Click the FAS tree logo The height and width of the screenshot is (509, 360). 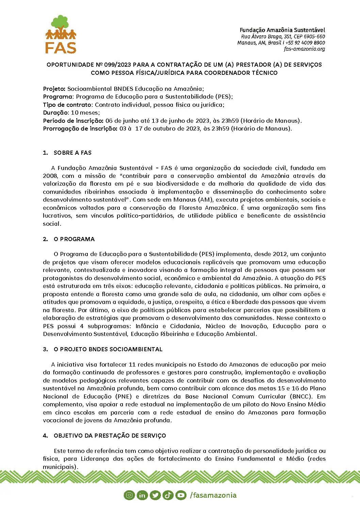(x=61, y=34)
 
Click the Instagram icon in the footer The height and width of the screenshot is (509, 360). (x=129, y=495)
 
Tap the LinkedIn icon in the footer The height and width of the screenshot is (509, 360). (x=142, y=495)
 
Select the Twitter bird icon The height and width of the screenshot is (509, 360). (x=155, y=495)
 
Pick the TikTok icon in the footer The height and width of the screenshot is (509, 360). (x=168, y=495)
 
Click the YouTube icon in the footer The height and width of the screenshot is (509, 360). (x=181, y=495)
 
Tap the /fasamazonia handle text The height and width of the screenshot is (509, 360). (x=213, y=495)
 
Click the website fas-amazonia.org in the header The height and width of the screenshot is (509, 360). (x=304, y=49)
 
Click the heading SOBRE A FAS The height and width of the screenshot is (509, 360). (x=72, y=153)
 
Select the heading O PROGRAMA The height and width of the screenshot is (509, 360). (x=74, y=239)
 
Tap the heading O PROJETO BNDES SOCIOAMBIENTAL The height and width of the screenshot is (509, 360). (x=108, y=349)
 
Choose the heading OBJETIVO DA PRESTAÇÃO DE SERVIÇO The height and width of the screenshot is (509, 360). (x=110, y=436)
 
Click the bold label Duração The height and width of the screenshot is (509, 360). (x=55, y=113)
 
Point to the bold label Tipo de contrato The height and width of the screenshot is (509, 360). (x=67, y=105)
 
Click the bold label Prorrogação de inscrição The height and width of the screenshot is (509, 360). (x=80, y=129)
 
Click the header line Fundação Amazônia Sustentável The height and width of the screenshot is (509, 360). (x=282, y=30)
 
